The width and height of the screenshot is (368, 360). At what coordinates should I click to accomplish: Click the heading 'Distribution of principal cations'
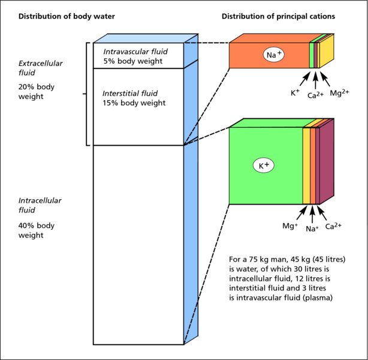277,16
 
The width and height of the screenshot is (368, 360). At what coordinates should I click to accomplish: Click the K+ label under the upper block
295,94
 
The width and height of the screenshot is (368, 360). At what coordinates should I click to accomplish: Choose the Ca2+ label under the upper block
315,95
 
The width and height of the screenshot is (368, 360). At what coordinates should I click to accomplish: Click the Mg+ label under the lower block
290,227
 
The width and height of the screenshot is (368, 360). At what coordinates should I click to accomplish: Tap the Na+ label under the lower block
312,229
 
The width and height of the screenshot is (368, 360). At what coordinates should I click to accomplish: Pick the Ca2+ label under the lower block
334,227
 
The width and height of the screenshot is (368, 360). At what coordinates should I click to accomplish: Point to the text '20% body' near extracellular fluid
37,86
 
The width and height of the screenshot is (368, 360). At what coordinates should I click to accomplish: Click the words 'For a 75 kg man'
258,260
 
